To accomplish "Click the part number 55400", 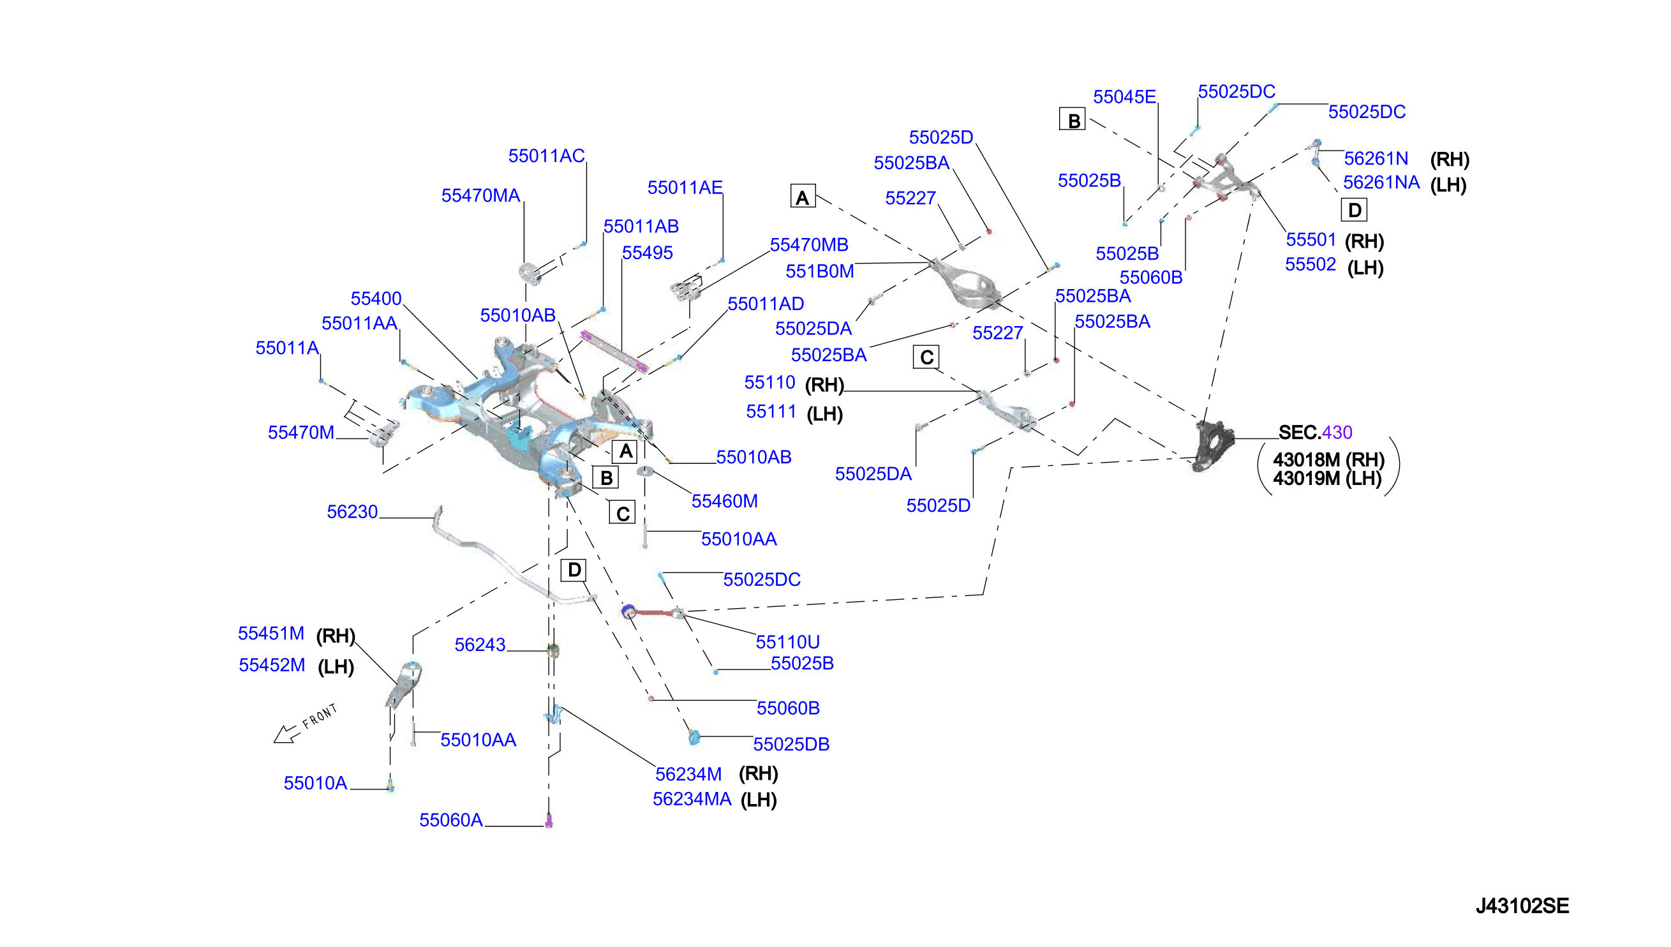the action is (x=376, y=299).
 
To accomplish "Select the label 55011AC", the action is (x=546, y=156).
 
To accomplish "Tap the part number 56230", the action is (x=352, y=512).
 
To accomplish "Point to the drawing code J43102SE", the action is (x=1522, y=906).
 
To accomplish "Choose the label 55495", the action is (x=647, y=253).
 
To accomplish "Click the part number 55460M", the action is (x=724, y=502).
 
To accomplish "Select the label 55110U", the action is (x=787, y=643).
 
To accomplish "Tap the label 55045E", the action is (x=1124, y=97).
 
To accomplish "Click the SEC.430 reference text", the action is (x=1315, y=433).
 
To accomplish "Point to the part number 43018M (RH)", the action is (x=1328, y=460).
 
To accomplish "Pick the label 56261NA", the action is (x=1381, y=183).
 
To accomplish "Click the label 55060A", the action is (x=450, y=820).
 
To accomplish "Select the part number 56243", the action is (x=480, y=645).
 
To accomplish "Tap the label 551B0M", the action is (x=819, y=271).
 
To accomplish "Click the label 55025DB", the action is (x=791, y=744).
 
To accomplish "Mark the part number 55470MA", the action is (x=480, y=196).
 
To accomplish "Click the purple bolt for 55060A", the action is (x=548, y=821).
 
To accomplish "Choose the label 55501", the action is (x=1310, y=240).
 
